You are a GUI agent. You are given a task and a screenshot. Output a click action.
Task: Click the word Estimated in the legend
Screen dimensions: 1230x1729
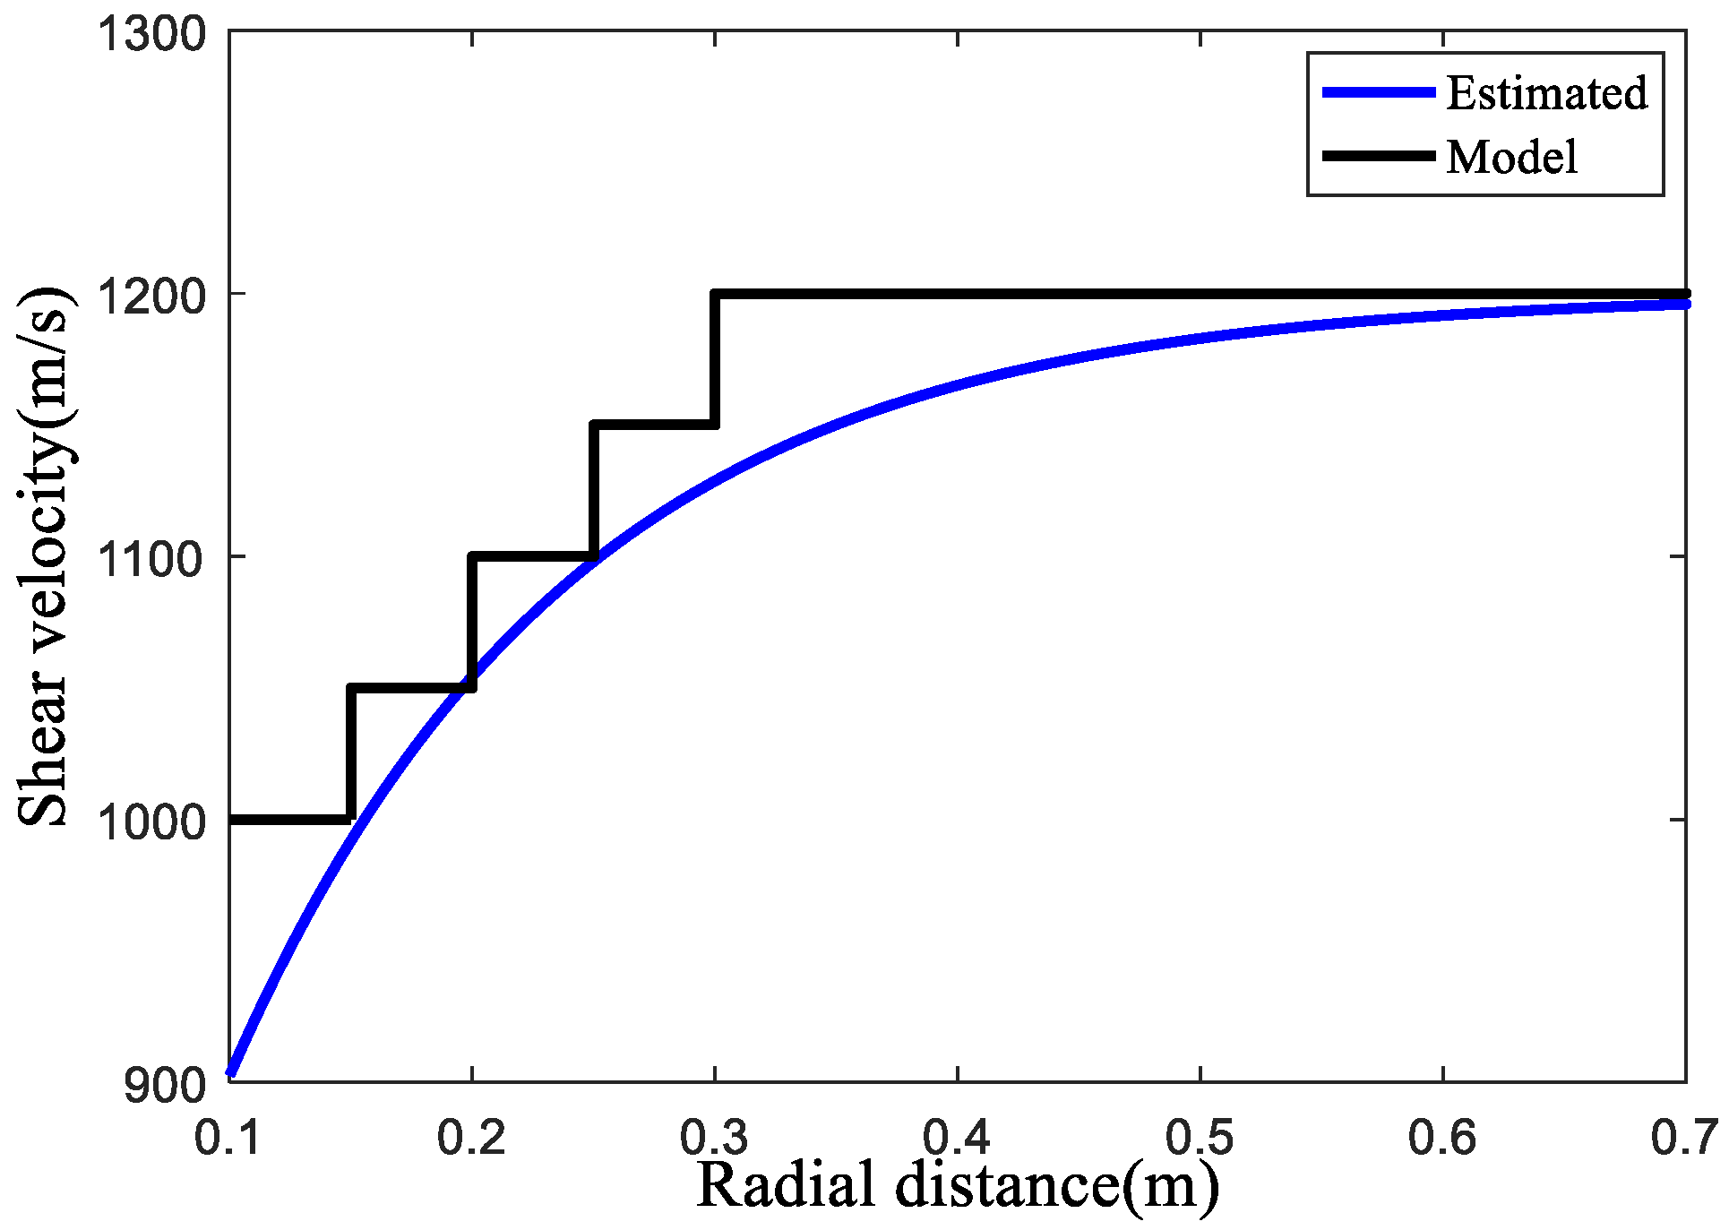click(1546, 93)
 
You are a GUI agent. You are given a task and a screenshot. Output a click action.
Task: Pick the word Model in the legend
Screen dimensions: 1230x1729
click(1511, 158)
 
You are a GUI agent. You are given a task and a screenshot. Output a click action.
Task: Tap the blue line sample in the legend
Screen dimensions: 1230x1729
click(1380, 92)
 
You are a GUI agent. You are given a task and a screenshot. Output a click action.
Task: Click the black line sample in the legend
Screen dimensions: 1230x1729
click(1380, 156)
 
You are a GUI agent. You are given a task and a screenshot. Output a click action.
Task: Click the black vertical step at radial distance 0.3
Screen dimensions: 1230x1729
click(715, 358)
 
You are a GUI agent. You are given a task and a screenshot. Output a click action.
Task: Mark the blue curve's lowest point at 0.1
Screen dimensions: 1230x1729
click(231, 1071)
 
